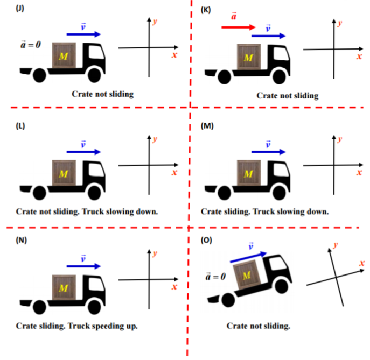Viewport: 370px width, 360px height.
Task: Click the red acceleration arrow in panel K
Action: tap(239, 27)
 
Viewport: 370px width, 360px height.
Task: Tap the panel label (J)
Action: tap(20, 9)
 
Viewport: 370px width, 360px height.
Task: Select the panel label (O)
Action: tap(206, 240)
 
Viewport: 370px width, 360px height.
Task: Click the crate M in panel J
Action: tap(64, 55)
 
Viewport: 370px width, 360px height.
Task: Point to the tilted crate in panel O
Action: tap(247, 274)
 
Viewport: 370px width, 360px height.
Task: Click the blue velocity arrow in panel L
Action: tap(84, 152)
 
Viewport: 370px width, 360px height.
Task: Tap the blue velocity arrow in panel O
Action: tap(248, 257)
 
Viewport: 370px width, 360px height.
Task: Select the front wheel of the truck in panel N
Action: tap(94, 307)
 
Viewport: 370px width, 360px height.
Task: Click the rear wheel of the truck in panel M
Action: tap(224, 193)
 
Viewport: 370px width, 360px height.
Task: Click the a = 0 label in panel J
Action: tap(31, 44)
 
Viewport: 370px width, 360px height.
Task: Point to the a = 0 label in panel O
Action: tap(215, 276)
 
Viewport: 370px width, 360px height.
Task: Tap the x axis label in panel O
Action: tap(362, 263)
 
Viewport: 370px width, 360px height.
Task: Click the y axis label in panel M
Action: tap(339, 139)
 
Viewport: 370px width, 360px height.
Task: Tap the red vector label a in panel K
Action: tap(234, 16)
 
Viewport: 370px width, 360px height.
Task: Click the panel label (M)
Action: tap(207, 126)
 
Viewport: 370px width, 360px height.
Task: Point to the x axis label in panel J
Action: tap(174, 55)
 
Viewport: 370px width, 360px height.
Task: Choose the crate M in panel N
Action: tap(64, 287)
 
